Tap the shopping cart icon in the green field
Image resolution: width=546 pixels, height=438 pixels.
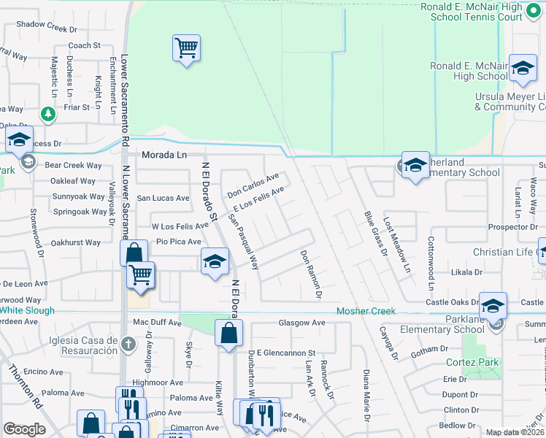pyautogui.click(x=186, y=48)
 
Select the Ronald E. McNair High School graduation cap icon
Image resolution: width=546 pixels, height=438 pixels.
pyautogui.click(x=522, y=68)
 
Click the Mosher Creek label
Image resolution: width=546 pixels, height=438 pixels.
pyautogui.click(x=366, y=311)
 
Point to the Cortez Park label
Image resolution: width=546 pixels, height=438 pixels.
pyautogui.click(x=472, y=362)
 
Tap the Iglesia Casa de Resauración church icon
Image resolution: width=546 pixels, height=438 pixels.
pyautogui.click(x=128, y=343)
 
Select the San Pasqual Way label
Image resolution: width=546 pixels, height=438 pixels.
pyautogui.click(x=244, y=241)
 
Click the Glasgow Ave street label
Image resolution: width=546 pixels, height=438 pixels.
pyautogui.click(x=301, y=323)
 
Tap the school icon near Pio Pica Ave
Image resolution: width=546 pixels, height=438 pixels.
pyautogui.click(x=215, y=261)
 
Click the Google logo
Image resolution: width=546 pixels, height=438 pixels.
pyautogui.click(x=24, y=429)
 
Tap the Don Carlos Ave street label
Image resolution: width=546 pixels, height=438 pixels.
pyautogui.click(x=253, y=185)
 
